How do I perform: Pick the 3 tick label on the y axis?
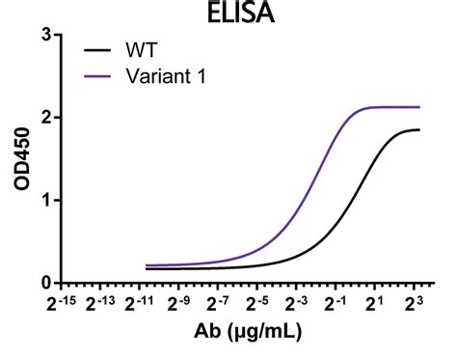pos(45,35)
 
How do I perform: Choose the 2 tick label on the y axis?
pos(45,118)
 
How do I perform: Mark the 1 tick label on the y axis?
pos(45,201)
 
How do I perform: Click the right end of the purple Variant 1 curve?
pos(419,107)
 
